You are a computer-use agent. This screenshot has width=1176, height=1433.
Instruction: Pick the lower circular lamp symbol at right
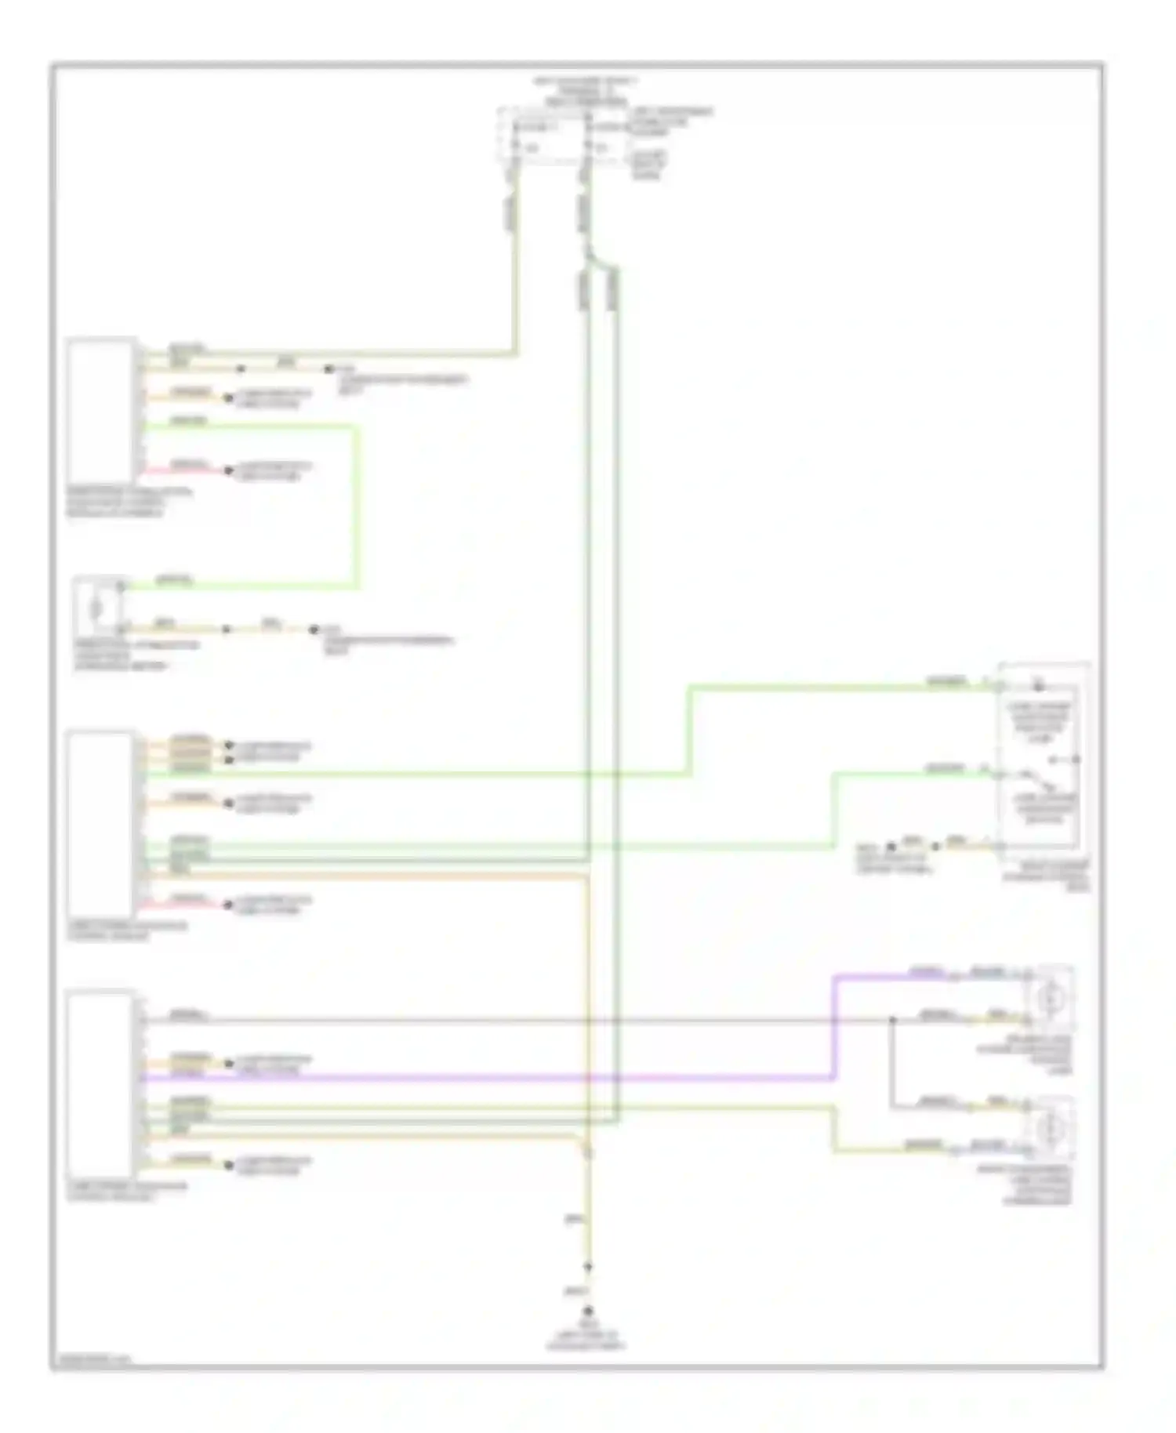pos(1049,1128)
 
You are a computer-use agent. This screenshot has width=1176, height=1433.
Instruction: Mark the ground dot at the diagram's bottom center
pos(587,1311)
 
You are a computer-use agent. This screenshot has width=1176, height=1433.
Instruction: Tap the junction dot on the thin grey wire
pos(892,1021)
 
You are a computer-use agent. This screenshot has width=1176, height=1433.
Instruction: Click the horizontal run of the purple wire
pos(486,1079)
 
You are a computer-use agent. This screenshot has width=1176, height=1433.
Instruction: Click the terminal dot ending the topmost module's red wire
pos(228,471)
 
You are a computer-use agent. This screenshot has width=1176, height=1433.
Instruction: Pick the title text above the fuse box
pos(584,91)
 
